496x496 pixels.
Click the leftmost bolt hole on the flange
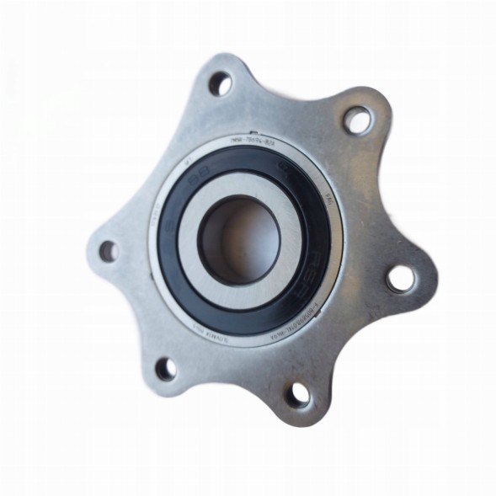click(107, 249)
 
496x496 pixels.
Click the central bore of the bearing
click(238, 237)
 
